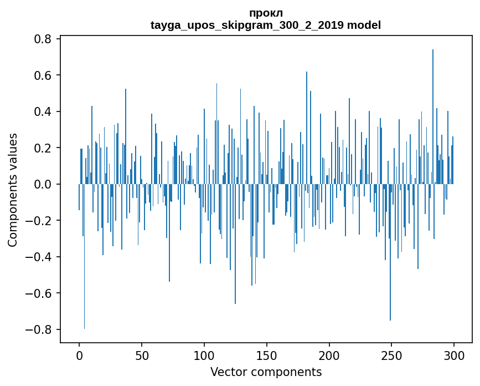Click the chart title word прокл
coord(266,13)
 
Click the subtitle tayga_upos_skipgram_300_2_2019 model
coord(266,25)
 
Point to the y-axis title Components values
coord(13,190)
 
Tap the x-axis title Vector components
coord(266,372)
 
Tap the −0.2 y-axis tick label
coord(40,221)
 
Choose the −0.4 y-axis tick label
coord(40,257)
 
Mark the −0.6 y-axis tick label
coord(40,293)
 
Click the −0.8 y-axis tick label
coord(40,329)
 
